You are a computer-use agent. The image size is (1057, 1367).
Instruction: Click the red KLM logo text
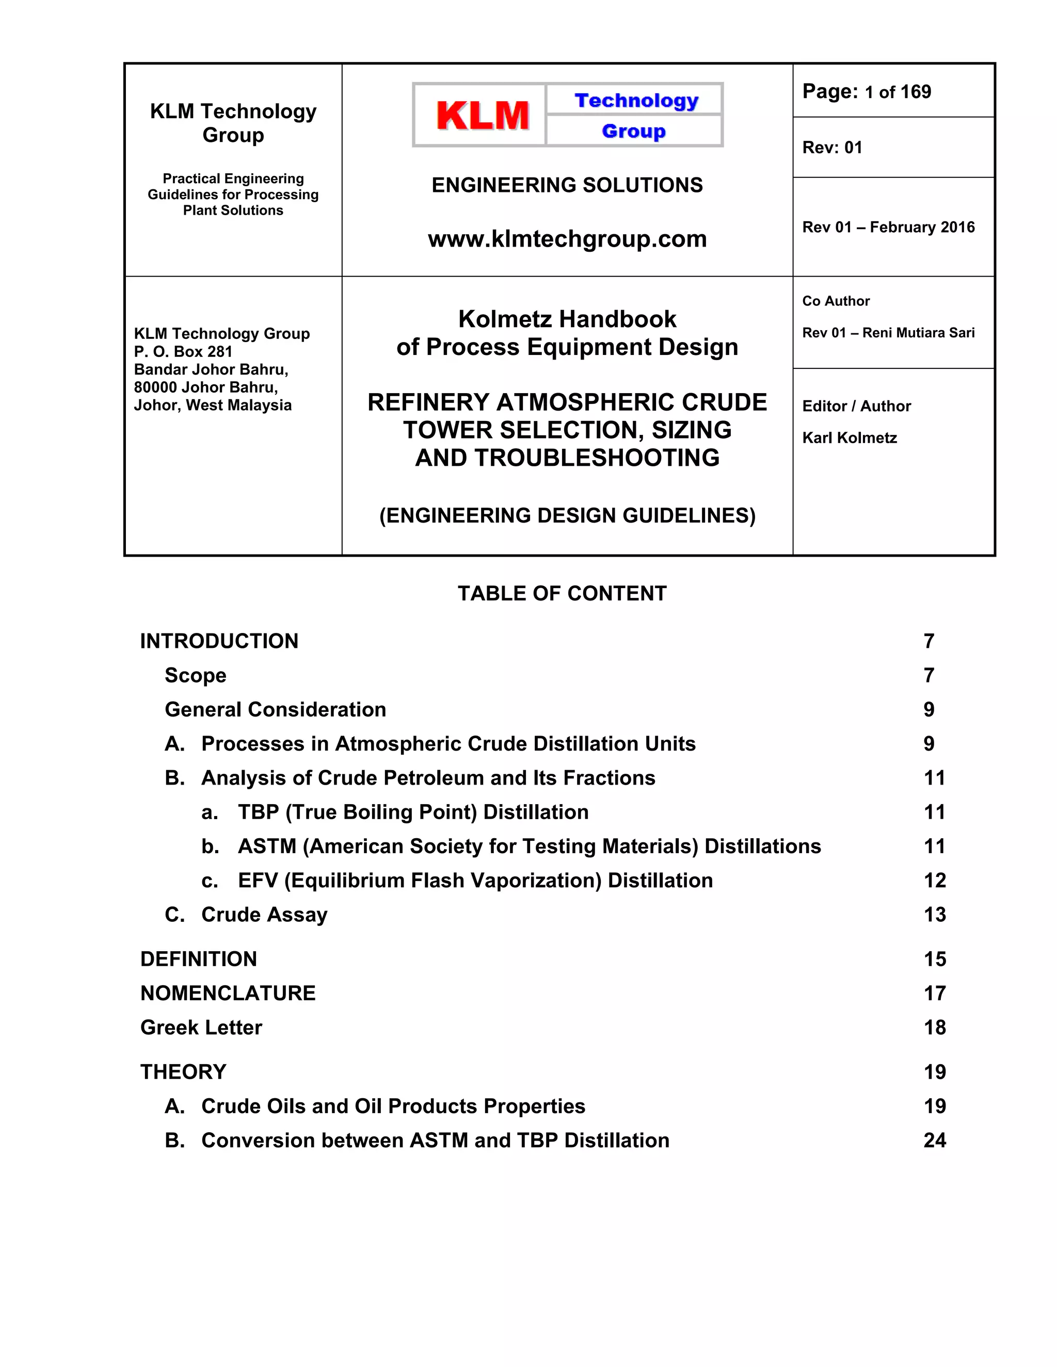coord(482,116)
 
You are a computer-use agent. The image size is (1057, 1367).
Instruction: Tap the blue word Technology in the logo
coord(635,100)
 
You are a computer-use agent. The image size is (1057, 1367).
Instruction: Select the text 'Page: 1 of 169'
coord(866,92)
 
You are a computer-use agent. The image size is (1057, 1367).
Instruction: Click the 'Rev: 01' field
coord(832,148)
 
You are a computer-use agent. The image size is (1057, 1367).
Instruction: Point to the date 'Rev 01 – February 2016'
coord(888,227)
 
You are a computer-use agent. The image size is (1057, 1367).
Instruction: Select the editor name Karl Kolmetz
coord(849,438)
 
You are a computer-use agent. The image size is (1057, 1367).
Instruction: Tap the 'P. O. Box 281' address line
coord(183,352)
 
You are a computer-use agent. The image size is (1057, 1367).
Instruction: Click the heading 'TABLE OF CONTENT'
coord(562,593)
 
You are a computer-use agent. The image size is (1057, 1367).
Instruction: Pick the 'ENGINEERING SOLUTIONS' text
coord(567,185)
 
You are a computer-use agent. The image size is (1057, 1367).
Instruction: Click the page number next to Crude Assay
coord(934,915)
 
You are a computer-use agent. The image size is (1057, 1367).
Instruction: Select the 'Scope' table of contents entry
coord(196,675)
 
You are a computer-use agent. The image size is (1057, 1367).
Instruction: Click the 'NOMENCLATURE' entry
coord(228,994)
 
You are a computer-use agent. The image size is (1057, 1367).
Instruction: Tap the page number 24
coord(934,1141)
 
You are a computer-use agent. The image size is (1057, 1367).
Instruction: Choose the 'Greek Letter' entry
coord(201,1028)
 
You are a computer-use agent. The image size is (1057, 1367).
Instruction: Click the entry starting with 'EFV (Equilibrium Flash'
coord(475,881)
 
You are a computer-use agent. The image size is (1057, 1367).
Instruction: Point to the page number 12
coord(934,881)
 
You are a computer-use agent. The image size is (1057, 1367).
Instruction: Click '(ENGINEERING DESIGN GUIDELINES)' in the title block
coord(567,516)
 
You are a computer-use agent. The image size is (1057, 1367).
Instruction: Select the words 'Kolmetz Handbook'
coord(567,319)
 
